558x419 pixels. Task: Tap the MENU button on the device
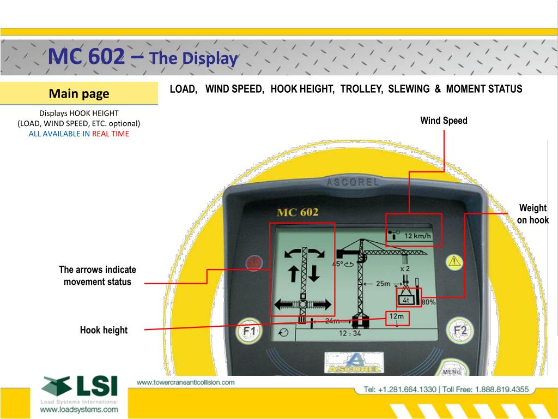(x=451, y=372)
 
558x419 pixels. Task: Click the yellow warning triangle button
(x=453, y=261)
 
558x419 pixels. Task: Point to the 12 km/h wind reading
(x=417, y=236)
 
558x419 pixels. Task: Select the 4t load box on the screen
(x=406, y=300)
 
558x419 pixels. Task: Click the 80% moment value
(x=428, y=302)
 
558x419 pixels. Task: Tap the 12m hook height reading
(x=396, y=316)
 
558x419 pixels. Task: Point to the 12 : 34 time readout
(x=350, y=333)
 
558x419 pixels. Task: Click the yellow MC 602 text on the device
(x=298, y=212)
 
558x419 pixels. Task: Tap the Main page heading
(x=79, y=94)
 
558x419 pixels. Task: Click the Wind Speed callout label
(x=444, y=121)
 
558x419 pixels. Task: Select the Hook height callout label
(x=104, y=330)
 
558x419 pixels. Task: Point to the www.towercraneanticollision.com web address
(x=185, y=382)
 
